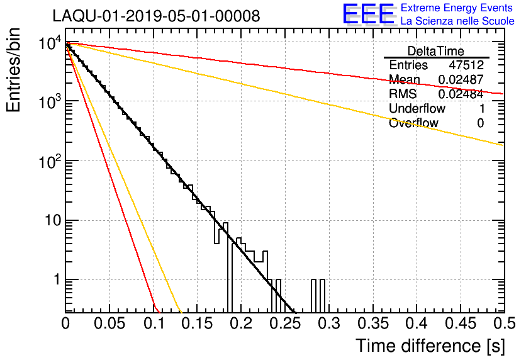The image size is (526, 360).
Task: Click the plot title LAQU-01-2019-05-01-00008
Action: click(156, 16)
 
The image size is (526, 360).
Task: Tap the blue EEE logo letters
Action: click(368, 14)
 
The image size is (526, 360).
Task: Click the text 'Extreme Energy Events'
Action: click(457, 8)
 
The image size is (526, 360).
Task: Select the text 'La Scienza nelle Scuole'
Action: click(457, 21)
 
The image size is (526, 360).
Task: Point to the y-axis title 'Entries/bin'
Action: click(13, 70)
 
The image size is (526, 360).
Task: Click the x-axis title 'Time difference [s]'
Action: click(430, 346)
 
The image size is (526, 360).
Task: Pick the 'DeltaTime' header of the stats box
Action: click(436, 52)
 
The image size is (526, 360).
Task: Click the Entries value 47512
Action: click(466, 65)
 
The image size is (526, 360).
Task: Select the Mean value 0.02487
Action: click(461, 79)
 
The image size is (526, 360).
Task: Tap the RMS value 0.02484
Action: click(461, 94)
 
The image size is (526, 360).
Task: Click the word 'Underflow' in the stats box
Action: click(417, 108)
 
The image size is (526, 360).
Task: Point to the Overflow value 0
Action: click(480, 123)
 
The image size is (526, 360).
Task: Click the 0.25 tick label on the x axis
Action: click(286, 323)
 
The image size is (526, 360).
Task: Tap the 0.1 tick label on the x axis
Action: click(154, 323)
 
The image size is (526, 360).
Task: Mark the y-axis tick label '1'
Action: click(57, 279)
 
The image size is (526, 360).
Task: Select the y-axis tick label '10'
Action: click(53, 220)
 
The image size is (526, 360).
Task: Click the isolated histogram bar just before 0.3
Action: click(322, 295)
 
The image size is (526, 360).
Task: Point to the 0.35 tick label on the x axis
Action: click(374, 323)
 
